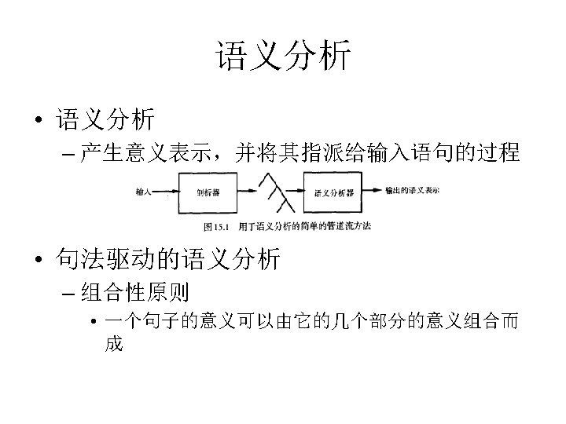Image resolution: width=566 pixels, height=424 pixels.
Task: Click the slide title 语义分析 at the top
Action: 283,57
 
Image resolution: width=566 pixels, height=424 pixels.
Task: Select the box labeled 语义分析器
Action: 333,192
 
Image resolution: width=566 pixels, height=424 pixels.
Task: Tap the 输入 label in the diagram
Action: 144,190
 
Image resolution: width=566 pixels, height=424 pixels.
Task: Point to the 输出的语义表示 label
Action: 412,189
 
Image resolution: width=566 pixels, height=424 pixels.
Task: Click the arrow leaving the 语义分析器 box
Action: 373,191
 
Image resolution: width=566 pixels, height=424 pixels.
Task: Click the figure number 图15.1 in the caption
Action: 215,228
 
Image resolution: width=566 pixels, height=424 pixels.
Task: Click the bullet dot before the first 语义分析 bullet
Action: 38,121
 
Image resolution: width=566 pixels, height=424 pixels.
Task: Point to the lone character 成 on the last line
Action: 114,344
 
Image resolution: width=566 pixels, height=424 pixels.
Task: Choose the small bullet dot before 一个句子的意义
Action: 94,323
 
